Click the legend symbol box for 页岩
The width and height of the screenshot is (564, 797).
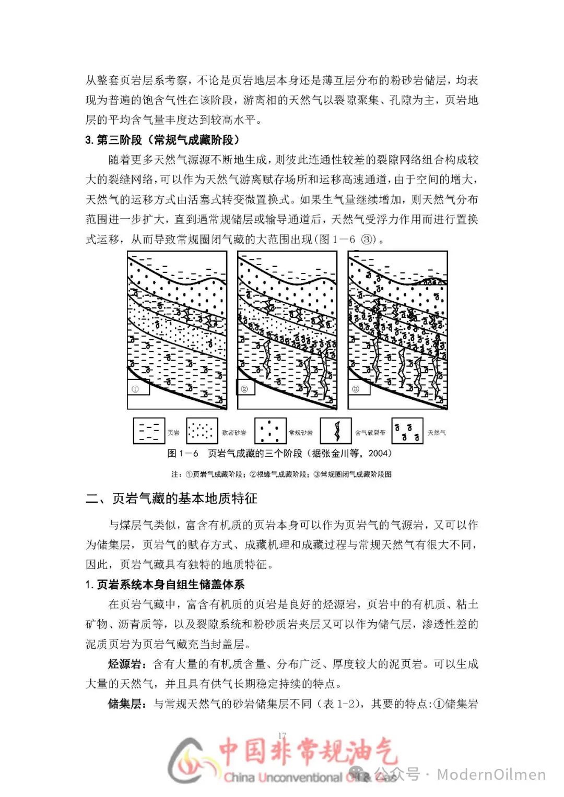pos(149,431)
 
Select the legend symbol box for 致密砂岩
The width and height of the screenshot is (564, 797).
pos(202,431)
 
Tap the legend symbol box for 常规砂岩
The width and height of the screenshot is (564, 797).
pos(270,431)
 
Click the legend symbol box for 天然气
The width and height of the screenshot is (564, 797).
pos(407,431)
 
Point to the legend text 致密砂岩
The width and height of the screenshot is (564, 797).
pos(234,433)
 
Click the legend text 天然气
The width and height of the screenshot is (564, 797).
pos(437,433)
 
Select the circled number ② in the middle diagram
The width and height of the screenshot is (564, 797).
pos(244,389)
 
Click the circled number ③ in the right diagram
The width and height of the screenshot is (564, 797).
pos(356,389)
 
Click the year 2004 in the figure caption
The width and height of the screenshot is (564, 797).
pos(379,454)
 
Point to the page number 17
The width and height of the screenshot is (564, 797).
pos(283,735)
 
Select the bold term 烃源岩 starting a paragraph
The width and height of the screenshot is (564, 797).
pos(124,664)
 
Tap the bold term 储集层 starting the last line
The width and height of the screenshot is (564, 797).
pos(124,704)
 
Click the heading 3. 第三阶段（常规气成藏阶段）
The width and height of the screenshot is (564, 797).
pos(162,140)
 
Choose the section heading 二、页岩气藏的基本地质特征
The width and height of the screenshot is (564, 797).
pos(171,498)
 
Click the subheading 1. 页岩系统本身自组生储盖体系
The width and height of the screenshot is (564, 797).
pos(165,585)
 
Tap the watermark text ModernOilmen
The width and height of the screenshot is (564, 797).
pos(491,775)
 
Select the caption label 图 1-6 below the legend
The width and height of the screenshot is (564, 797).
pos(183,454)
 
